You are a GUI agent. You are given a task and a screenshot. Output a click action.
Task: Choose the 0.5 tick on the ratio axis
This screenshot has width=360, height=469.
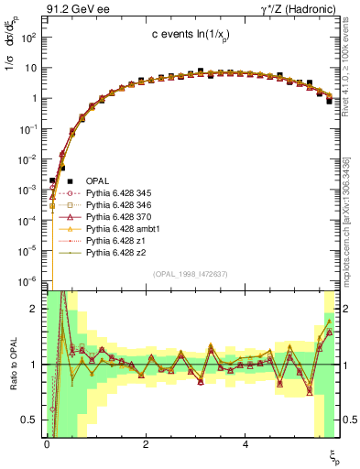coord(33,420)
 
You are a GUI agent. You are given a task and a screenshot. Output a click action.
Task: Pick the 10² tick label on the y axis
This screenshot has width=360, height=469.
coord(29,38)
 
